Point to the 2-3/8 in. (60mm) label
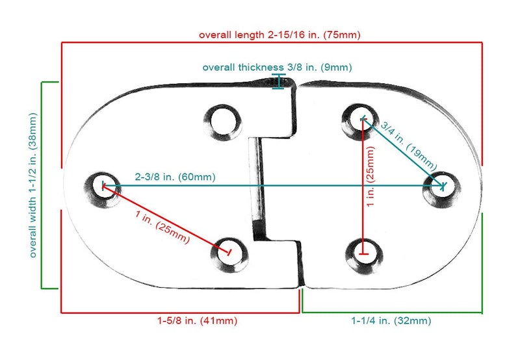[x=175, y=177]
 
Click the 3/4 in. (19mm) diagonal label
[x=409, y=146]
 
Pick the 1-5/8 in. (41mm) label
[x=198, y=320]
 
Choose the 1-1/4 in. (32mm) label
[x=391, y=320]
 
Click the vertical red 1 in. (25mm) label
[x=370, y=176]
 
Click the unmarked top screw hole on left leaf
[x=223, y=122]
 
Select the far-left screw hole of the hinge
[x=102, y=190]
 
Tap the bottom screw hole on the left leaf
[x=229, y=255]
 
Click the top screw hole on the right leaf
[x=360, y=122]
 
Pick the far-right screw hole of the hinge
[x=441, y=189]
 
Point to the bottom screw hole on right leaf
[x=364, y=256]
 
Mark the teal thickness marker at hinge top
[x=279, y=81]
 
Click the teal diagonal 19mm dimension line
[x=403, y=152]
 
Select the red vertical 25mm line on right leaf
[x=363, y=186]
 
